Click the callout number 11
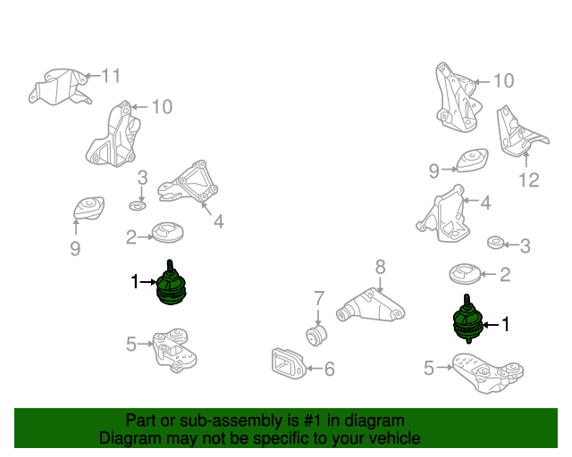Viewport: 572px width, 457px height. [111, 76]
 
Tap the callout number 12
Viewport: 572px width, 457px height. [529, 179]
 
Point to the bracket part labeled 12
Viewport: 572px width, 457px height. [520, 132]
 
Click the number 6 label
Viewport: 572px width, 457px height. [330, 369]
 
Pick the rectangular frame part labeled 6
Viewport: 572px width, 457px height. [289, 363]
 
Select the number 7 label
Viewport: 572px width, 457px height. [319, 298]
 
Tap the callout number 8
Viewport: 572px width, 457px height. [380, 267]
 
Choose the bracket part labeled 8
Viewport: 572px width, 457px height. [370, 306]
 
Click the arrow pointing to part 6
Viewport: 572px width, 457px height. [314, 369]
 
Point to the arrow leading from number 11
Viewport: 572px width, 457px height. [91, 76]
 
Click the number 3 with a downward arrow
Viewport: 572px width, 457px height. [142, 178]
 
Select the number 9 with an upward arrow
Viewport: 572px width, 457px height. [75, 248]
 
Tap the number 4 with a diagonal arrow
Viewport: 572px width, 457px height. [218, 221]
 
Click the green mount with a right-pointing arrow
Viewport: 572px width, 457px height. [171, 283]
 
